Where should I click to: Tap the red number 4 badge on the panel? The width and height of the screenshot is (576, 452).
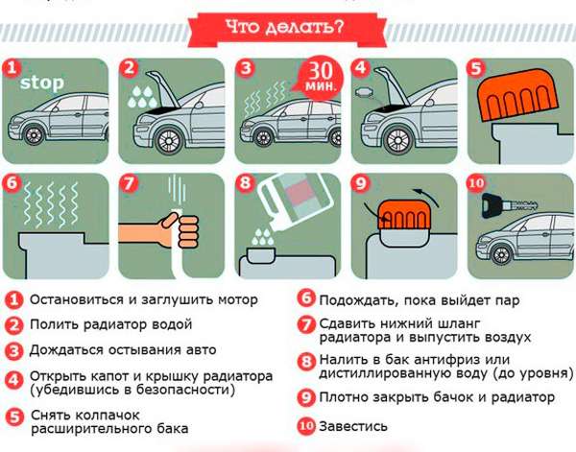click(360, 68)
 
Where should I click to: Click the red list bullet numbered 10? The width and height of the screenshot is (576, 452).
click(305, 425)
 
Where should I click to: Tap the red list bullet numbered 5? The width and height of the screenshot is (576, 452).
click(13, 416)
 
